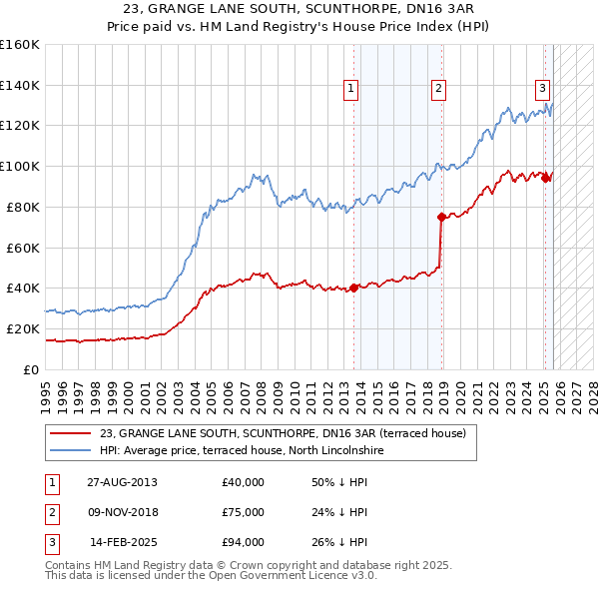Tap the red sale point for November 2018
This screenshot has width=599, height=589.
point(440,216)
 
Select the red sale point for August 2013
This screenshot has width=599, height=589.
point(353,289)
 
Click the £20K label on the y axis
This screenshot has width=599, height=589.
point(23,328)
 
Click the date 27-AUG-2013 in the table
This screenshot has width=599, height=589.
point(122,482)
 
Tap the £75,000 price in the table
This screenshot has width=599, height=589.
point(244,512)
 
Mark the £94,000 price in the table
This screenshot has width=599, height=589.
point(244,542)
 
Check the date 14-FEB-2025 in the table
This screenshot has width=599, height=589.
point(123,542)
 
